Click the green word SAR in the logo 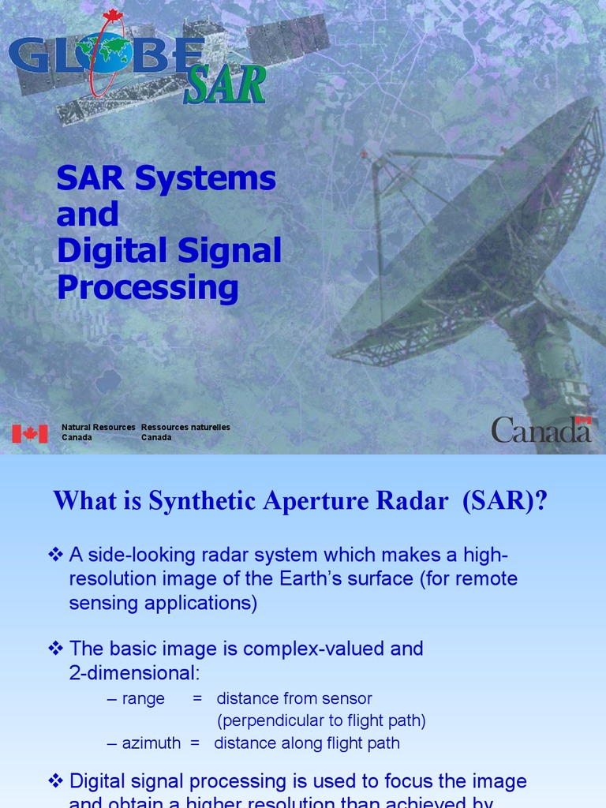[x=224, y=86]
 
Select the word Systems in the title [x=205, y=178]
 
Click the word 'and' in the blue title [x=88, y=214]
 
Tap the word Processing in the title [x=148, y=287]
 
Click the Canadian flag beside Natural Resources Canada [x=30, y=433]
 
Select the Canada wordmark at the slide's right [x=541, y=430]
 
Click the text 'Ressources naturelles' [x=185, y=427]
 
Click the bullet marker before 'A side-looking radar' [x=55, y=555]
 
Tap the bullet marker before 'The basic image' [x=55, y=649]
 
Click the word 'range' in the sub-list [x=143, y=698]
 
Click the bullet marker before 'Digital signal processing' [x=55, y=781]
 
